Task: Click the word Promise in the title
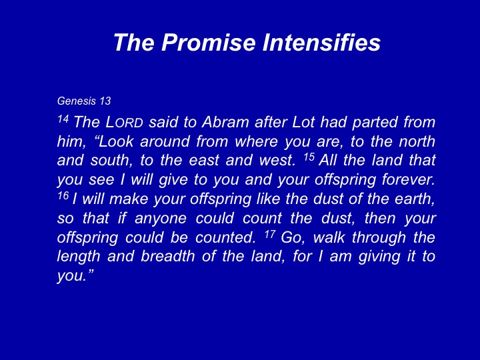click(x=208, y=42)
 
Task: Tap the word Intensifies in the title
click(x=321, y=42)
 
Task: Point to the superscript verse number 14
click(x=63, y=119)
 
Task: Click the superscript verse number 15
click(x=309, y=157)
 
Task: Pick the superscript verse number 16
click(x=63, y=195)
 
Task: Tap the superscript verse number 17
click(x=270, y=234)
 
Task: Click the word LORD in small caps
click(x=124, y=122)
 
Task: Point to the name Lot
click(x=303, y=122)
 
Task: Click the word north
click(x=417, y=141)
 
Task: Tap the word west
click(x=277, y=161)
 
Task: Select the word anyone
click(x=161, y=219)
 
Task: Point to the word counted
click(x=225, y=237)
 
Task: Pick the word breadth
click(x=168, y=257)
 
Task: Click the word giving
click(x=379, y=257)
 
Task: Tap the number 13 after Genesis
click(x=105, y=101)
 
